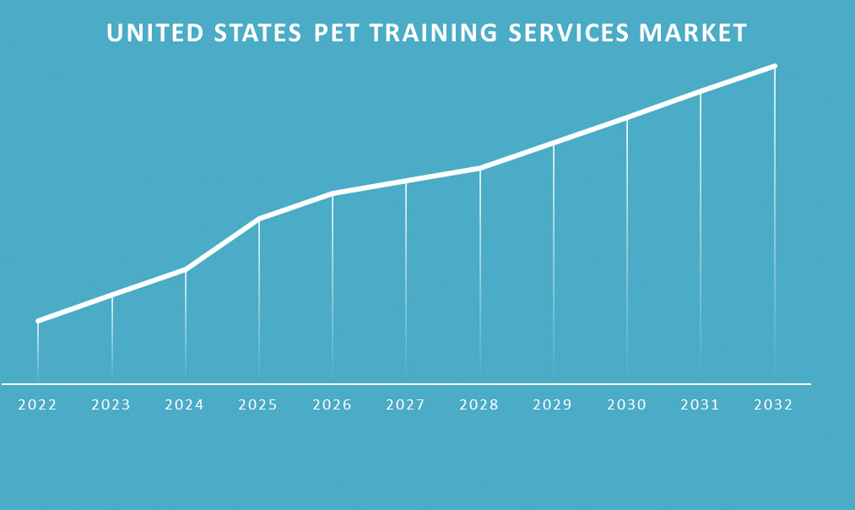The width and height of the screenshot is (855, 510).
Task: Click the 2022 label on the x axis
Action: coord(37,405)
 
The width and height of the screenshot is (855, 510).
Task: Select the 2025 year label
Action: coord(258,405)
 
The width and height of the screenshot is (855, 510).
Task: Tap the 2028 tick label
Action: coord(479,405)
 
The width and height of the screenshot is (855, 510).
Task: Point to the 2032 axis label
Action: coord(774,405)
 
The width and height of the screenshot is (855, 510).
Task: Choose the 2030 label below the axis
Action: coord(627,405)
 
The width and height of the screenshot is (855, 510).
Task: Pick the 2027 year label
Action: coord(406,405)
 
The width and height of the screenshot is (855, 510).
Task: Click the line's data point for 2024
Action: coord(185,269)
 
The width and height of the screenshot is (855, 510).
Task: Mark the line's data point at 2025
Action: coord(258,219)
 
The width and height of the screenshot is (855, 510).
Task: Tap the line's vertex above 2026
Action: coord(333,193)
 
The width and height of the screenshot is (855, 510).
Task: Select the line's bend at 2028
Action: coord(479,168)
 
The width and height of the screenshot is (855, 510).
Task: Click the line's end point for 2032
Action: coord(774,66)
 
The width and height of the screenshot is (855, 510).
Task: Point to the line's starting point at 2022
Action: coord(38,321)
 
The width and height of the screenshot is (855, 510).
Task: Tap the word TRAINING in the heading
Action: coord(446,33)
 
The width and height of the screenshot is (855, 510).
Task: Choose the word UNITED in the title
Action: coord(155,33)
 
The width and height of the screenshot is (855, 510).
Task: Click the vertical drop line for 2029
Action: coord(554,262)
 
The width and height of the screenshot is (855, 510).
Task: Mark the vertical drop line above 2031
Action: coord(701,236)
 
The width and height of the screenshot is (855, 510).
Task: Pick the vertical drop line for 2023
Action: coord(111,338)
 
